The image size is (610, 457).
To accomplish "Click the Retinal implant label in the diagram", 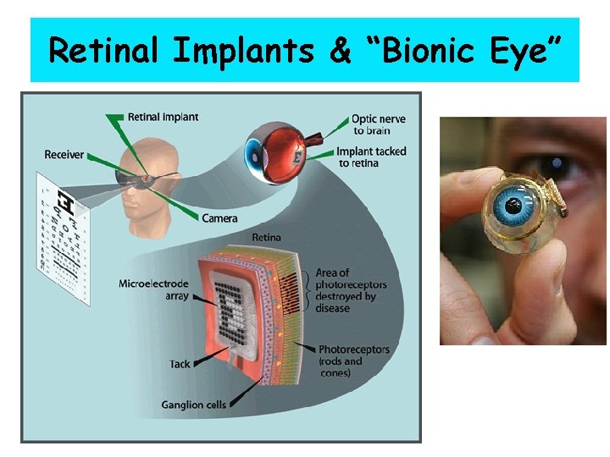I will (163, 116).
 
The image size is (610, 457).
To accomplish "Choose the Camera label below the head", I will (219, 218).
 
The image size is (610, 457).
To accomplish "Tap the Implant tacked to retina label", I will (372, 157).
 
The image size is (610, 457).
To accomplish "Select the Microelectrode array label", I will (152, 289).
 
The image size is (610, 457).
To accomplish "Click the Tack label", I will (180, 364).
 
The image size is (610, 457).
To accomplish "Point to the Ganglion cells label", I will (193, 405).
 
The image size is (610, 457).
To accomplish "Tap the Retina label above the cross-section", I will (267, 238).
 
